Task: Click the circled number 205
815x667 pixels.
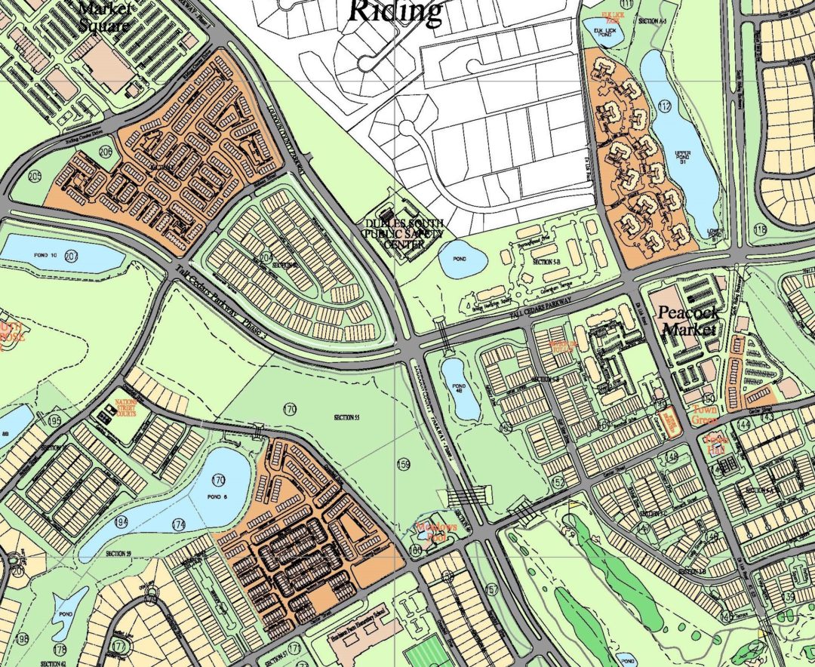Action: click(x=35, y=177)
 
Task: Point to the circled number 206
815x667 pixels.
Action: click(x=105, y=152)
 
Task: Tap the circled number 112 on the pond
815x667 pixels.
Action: click(x=664, y=106)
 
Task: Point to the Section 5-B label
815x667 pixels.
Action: click(x=543, y=260)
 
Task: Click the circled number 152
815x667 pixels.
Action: click(x=558, y=482)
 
